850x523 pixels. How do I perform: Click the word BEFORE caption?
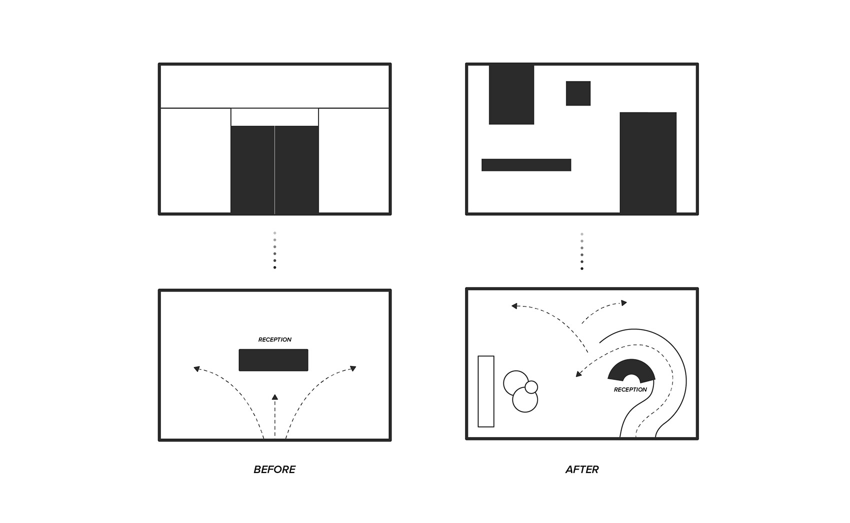pyautogui.click(x=274, y=469)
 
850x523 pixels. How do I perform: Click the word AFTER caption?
pyautogui.click(x=581, y=469)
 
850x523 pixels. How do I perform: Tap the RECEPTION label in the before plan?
pyautogui.click(x=274, y=339)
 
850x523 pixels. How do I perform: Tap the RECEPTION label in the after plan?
pyautogui.click(x=630, y=390)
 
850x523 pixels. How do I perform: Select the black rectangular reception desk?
pyautogui.click(x=273, y=360)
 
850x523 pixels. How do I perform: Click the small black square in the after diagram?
pyautogui.click(x=578, y=93)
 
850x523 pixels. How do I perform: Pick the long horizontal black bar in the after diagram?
pyautogui.click(x=526, y=165)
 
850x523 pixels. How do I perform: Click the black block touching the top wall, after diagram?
pyautogui.click(x=511, y=94)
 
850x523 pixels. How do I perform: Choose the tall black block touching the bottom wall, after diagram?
pyautogui.click(x=647, y=162)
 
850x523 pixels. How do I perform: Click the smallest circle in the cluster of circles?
pyautogui.click(x=531, y=387)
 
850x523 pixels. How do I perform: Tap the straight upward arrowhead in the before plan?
pyautogui.click(x=274, y=397)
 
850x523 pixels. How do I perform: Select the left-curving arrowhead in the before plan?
pyautogui.click(x=196, y=368)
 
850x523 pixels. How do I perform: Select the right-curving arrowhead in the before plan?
pyautogui.click(x=353, y=368)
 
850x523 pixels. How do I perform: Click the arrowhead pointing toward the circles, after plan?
pyautogui.click(x=578, y=374)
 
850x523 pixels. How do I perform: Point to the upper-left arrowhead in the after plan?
pyautogui.click(x=514, y=306)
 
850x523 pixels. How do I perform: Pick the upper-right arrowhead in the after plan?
pyautogui.click(x=624, y=302)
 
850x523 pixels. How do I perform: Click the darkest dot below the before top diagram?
pyautogui.click(x=274, y=267)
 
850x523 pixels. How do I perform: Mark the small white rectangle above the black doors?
pyautogui.click(x=274, y=117)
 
